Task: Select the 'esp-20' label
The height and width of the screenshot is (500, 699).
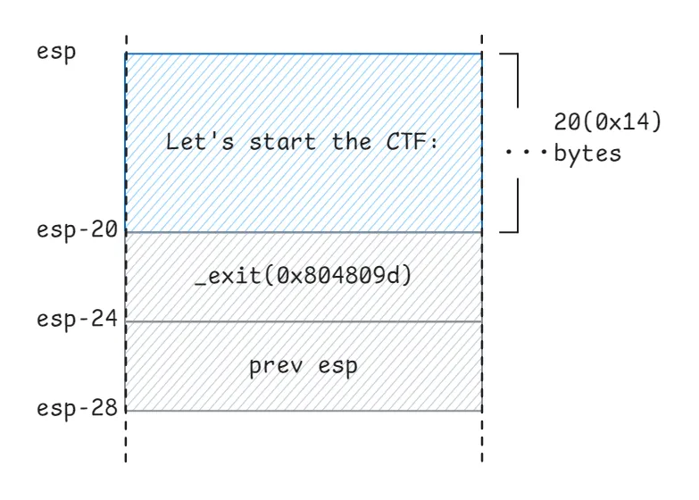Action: pos(78,229)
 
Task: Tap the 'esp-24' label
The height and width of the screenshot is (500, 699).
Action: pos(78,319)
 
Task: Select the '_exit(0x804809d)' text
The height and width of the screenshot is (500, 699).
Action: pos(304,276)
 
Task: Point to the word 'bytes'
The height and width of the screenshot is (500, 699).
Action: pos(587,154)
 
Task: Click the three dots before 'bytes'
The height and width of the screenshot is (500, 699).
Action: pos(521,154)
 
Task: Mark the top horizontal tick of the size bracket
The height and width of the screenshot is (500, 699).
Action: pos(507,54)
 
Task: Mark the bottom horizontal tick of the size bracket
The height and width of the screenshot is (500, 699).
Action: pos(507,231)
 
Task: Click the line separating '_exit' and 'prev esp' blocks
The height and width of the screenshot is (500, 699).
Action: pos(304,321)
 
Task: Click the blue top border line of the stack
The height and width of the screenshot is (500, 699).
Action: pos(304,54)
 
